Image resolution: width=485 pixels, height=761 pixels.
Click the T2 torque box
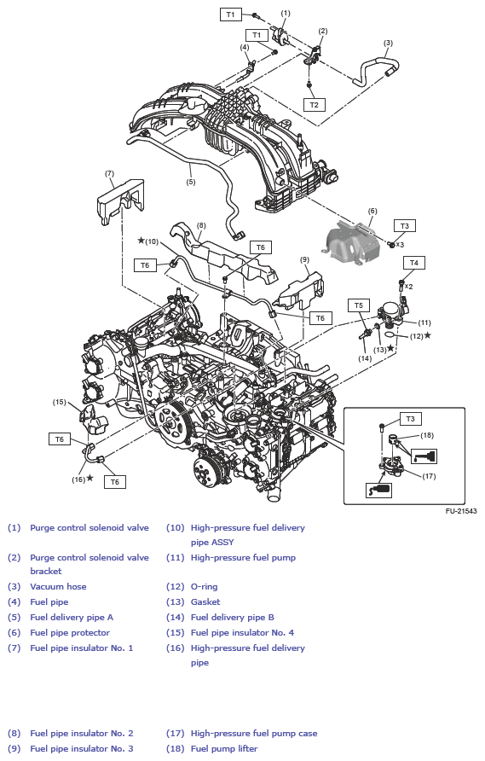[315, 105]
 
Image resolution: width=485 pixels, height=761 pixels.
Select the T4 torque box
[414, 263]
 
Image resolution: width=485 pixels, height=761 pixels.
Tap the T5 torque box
[358, 305]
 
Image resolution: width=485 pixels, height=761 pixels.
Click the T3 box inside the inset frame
[410, 419]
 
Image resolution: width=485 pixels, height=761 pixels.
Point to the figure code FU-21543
[461, 511]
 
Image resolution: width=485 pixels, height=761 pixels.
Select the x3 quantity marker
[399, 245]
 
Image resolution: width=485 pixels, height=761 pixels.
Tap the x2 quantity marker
[408, 287]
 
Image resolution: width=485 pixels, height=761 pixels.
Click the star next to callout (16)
[89, 479]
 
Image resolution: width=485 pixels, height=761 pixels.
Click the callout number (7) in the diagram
[109, 173]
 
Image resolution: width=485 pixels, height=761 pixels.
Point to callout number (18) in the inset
[427, 435]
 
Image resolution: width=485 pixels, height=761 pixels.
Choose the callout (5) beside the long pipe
[191, 182]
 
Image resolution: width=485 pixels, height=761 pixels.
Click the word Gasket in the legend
[205, 601]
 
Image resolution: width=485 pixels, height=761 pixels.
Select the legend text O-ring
[205, 586]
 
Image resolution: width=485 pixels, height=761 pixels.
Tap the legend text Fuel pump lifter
[224, 748]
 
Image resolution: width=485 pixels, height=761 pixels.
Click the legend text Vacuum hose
[58, 586]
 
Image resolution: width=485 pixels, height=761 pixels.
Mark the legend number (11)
[175, 558]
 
